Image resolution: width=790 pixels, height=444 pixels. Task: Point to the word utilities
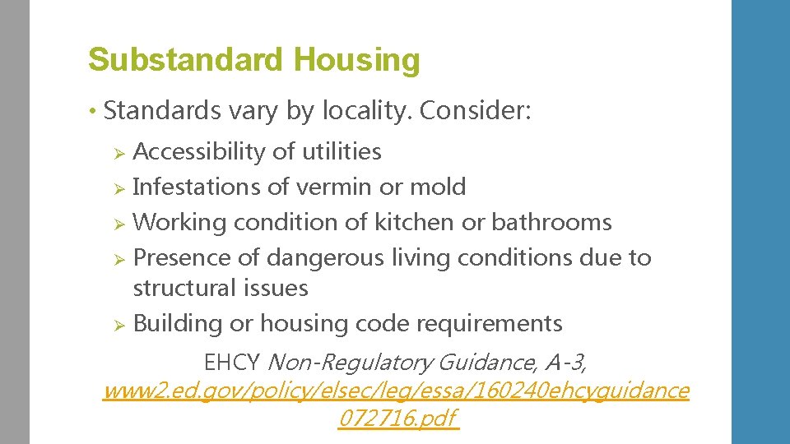point(340,151)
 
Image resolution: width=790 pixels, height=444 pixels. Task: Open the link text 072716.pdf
point(397,419)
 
